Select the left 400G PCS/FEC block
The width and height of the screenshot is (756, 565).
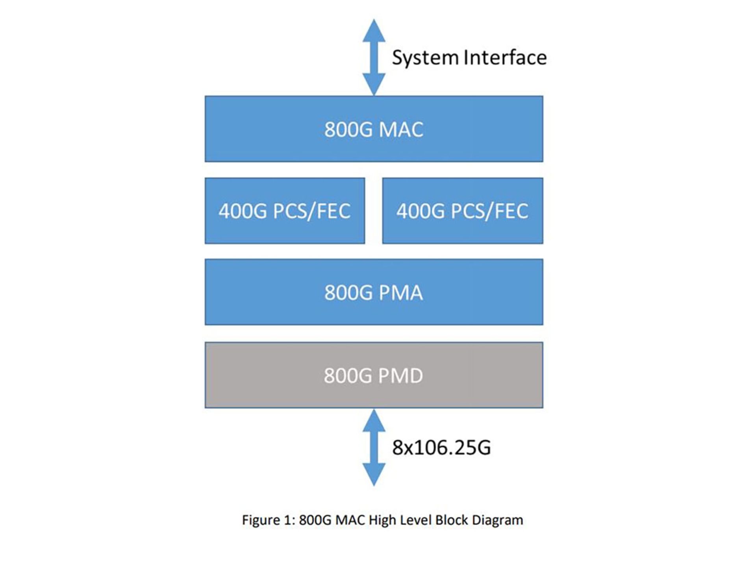coord(284,211)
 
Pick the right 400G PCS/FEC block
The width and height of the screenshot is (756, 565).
coord(462,211)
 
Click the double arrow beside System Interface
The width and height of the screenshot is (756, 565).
coord(374,57)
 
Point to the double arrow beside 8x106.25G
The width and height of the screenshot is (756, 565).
coord(374,447)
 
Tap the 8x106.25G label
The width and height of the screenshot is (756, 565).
coord(441,448)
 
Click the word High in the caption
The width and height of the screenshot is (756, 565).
coord(382,520)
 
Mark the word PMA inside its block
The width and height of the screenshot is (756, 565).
coord(401,293)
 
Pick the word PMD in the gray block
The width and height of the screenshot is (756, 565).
coord(401,376)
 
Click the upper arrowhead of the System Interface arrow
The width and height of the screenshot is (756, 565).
coord(374,30)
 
